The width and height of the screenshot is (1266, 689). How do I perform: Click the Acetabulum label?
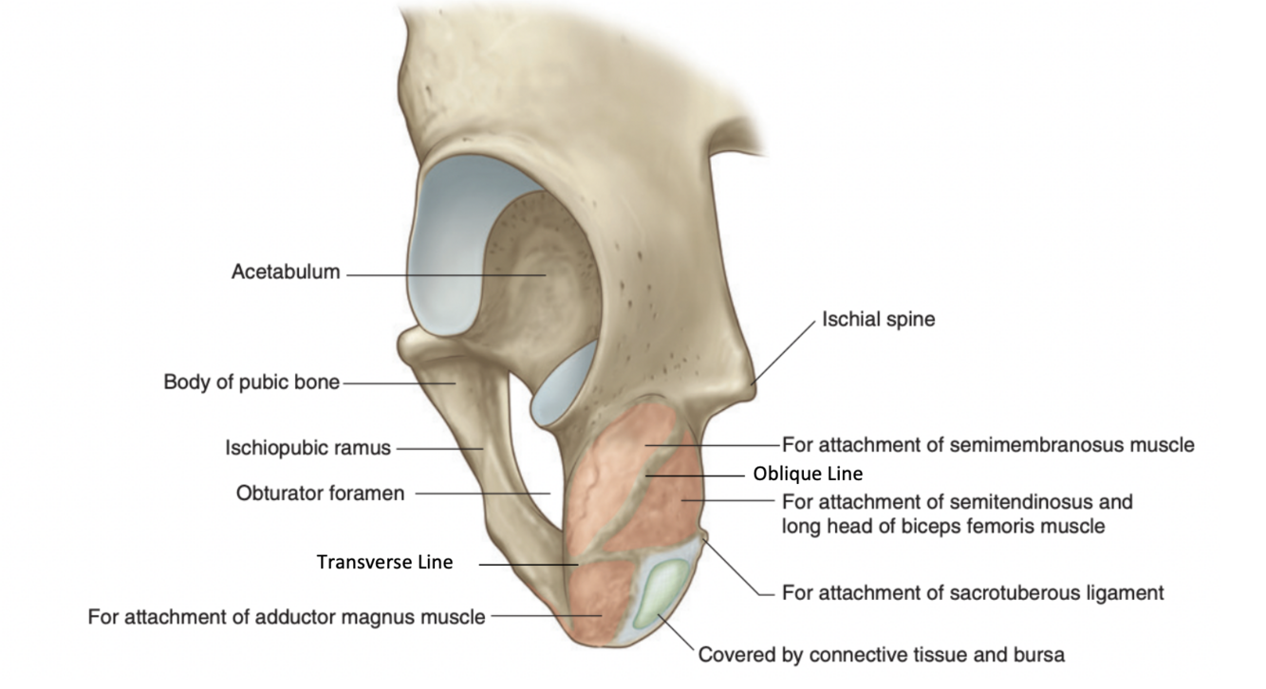tap(285, 272)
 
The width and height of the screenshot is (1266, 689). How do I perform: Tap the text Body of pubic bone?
tap(251, 382)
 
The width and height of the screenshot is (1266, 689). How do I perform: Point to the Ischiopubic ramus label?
tap(307, 447)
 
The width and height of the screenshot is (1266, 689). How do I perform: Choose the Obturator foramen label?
tap(320, 493)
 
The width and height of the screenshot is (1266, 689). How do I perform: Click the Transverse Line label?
tap(384, 563)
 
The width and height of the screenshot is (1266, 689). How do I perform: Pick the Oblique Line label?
tap(808, 473)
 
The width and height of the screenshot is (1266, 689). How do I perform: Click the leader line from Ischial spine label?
tap(783, 350)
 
